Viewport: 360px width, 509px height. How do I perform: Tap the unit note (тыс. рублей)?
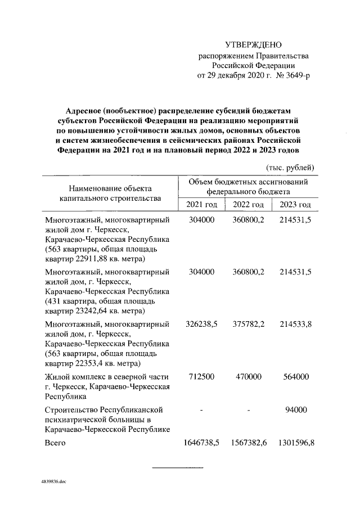click(290, 167)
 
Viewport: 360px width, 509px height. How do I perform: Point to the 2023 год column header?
click(296, 205)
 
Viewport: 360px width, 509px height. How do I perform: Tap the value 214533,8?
click(296, 325)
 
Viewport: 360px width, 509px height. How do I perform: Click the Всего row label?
click(55, 443)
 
